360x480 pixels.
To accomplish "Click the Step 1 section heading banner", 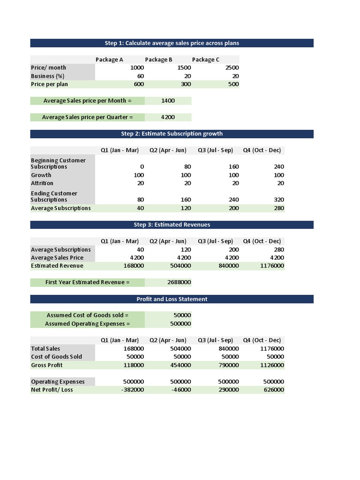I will (172, 43).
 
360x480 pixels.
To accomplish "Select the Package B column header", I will (158, 60).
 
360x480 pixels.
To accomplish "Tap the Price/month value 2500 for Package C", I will (232, 67).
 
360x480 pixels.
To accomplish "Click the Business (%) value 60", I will (140, 76).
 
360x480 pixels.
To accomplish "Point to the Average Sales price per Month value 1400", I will (167, 101).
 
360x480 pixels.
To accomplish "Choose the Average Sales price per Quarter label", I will (87, 117).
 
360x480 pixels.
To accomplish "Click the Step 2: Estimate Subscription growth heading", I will (172, 134).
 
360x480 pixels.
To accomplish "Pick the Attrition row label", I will (42, 183).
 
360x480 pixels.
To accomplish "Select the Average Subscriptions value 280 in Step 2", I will (278, 208).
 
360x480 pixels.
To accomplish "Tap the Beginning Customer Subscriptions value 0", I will (142, 167).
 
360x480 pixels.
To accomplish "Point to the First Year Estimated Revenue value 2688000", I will (179, 282).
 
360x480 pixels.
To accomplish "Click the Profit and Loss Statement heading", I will (172, 299).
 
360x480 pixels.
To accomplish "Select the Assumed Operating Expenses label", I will (87, 323).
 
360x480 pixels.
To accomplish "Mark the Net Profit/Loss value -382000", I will (133, 390).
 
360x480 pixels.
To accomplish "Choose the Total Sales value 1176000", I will (272, 349).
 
